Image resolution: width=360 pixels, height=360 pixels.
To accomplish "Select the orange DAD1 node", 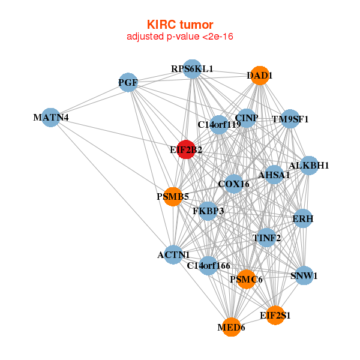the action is (259, 76).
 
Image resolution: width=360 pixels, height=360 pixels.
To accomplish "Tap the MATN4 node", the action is (51, 117).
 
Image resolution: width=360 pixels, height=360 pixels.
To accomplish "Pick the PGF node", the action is (128, 82).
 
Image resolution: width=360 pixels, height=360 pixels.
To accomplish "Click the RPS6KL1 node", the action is (192, 69).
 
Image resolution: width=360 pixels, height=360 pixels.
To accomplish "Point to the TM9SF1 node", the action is (290, 119).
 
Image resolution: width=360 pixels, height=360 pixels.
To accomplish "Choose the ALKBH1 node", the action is (308, 166).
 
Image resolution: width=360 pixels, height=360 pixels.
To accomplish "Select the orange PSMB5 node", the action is (173, 196).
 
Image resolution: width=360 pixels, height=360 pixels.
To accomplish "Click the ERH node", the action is (302, 219).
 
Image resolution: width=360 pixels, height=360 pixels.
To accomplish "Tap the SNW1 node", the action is (304, 276).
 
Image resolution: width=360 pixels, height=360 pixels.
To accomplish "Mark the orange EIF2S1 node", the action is (275, 315).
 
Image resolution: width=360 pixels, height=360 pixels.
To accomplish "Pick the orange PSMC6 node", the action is (246, 279).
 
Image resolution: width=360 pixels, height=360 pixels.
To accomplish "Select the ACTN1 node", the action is (173, 255).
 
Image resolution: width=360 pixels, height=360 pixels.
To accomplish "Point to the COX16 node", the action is (233, 184).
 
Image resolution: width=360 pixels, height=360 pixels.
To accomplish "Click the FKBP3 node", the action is (208, 211).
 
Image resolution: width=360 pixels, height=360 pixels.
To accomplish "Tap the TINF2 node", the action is (266, 238).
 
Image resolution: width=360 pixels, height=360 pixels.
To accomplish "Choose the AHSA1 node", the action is (274, 175).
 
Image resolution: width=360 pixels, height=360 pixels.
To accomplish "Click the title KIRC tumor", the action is (180, 25).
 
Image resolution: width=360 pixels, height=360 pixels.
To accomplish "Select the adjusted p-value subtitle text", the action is (180, 37).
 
